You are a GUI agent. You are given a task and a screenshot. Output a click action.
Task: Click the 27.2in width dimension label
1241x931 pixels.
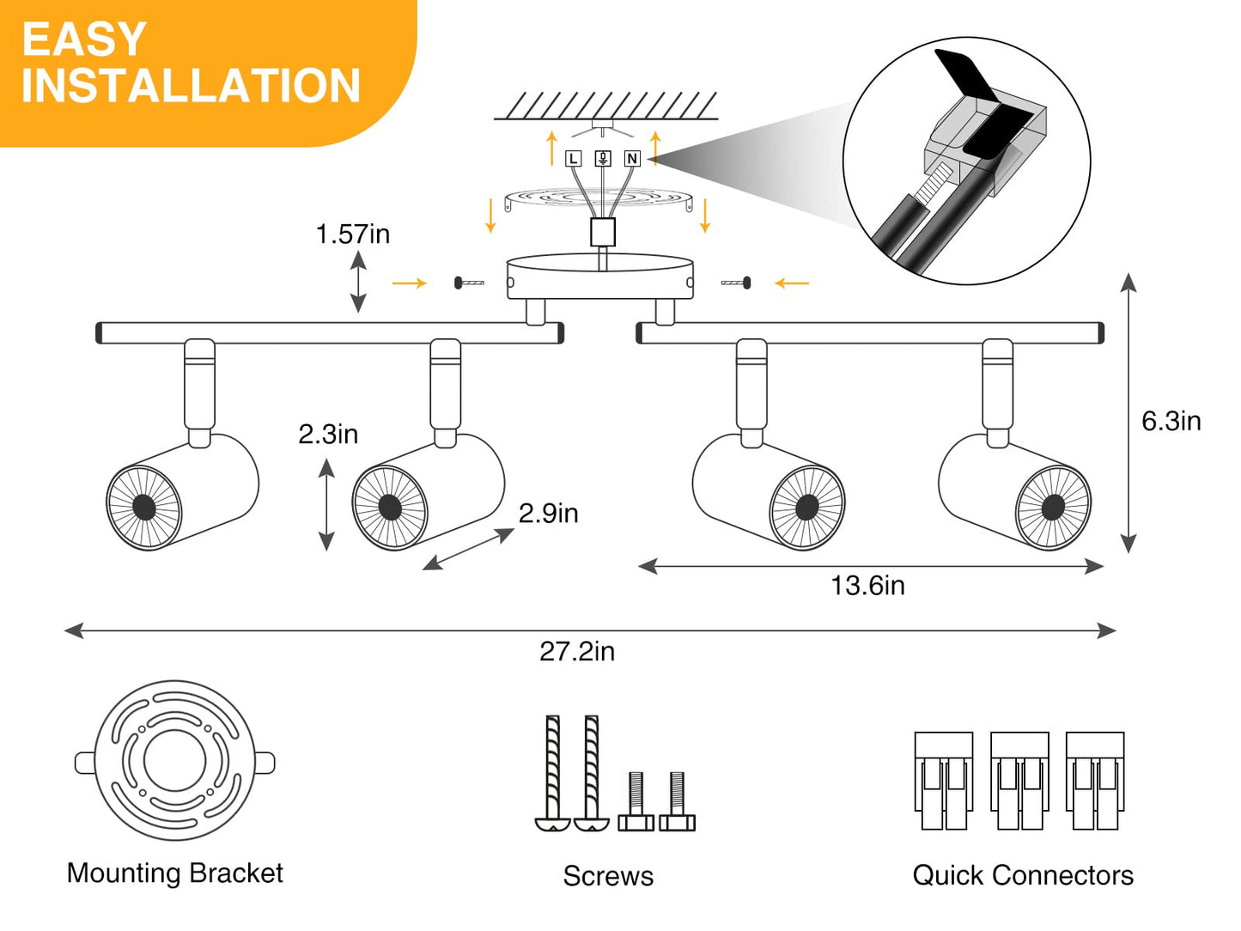click(576, 652)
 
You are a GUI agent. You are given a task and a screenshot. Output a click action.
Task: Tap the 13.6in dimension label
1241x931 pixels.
click(867, 586)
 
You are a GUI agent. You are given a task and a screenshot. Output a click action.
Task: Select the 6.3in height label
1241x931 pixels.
click(1171, 421)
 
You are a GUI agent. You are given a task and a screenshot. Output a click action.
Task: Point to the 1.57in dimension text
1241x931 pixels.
click(352, 234)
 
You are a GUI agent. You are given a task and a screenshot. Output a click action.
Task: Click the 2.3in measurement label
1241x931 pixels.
click(328, 434)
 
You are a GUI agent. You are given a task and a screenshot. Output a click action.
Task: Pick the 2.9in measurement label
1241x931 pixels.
click(548, 514)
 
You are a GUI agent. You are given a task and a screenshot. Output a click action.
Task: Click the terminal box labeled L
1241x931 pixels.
click(574, 159)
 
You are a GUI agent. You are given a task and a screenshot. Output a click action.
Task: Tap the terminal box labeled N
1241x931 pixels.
click(632, 159)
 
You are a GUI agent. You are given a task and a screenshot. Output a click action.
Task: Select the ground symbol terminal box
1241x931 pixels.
click(603, 159)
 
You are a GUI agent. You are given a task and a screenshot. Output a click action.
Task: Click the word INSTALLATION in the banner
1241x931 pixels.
click(191, 86)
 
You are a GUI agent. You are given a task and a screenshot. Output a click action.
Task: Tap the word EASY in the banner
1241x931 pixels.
click(84, 40)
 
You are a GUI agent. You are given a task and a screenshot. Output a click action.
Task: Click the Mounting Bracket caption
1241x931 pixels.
click(174, 873)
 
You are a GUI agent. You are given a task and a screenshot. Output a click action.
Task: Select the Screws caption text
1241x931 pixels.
click(608, 876)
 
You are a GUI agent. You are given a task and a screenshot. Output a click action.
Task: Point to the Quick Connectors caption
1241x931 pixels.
click(1022, 875)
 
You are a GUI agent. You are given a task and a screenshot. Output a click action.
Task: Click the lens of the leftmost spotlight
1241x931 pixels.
click(144, 507)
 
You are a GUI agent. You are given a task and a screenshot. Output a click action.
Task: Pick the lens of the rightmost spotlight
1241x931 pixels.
click(1053, 507)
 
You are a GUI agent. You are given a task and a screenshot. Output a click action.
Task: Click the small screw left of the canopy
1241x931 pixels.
click(469, 283)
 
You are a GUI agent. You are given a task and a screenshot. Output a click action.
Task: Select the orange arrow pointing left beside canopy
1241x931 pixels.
click(791, 283)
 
